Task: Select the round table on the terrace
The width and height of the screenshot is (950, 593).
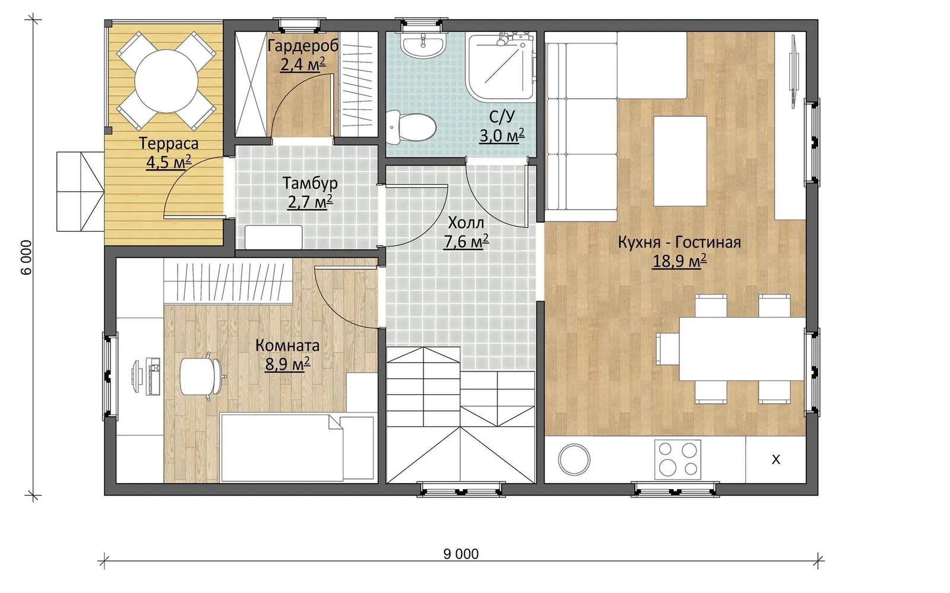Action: (x=167, y=81)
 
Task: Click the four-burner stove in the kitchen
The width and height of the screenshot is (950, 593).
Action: (x=677, y=459)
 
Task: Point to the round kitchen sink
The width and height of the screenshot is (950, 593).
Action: (x=574, y=459)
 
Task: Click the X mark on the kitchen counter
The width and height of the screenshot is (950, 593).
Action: (x=775, y=459)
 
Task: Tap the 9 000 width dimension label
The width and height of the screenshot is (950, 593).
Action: (x=461, y=554)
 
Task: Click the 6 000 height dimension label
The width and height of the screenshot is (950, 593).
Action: (x=26, y=257)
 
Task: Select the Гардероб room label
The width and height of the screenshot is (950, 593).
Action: (x=303, y=46)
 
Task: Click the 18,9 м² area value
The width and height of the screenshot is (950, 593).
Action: (x=679, y=261)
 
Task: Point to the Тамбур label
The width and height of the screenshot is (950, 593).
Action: (x=310, y=183)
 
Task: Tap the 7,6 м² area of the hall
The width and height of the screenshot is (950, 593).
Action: (x=465, y=242)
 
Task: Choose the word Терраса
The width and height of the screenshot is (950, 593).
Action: (x=169, y=143)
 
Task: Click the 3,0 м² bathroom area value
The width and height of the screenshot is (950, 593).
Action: (x=502, y=136)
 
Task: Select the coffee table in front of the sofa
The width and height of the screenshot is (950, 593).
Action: (x=680, y=161)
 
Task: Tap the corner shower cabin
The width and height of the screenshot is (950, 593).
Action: (x=501, y=67)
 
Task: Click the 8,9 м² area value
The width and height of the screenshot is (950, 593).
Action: (x=287, y=364)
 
